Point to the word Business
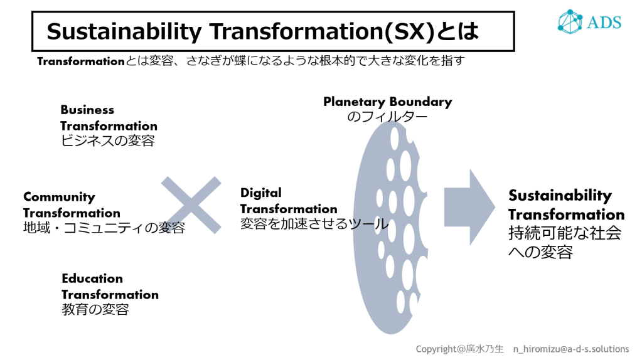(87, 110)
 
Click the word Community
(59, 198)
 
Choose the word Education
(92, 278)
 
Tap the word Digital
(261, 193)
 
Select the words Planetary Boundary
(387, 102)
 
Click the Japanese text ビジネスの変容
(107, 141)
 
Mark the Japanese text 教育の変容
(95, 309)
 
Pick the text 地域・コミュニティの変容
(104, 228)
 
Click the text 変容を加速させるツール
(314, 224)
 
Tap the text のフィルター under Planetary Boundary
(387, 117)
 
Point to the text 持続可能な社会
(565, 233)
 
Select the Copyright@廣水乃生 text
(459, 349)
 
